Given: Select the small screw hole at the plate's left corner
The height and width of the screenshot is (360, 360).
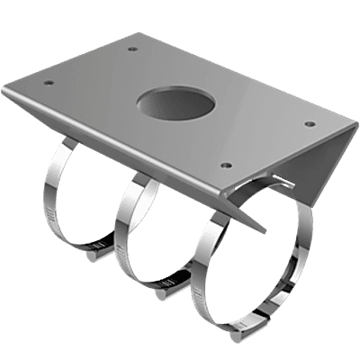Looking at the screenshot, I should tap(49, 83).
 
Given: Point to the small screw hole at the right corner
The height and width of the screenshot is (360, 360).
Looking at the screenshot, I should tap(310, 124).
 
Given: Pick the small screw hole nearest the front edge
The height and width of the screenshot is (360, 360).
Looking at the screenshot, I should tap(226, 166).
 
